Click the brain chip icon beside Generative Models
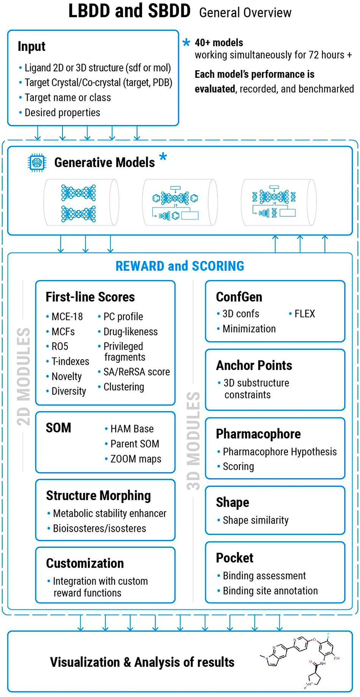pos(37,163)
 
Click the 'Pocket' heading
pos(234,558)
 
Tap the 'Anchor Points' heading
pos(254,365)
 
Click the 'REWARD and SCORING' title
pos(180,266)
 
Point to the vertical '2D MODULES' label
pos(24,376)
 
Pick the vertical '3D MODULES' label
pos(193,441)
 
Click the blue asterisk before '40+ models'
pos(186,42)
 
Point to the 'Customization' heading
pos(85,563)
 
